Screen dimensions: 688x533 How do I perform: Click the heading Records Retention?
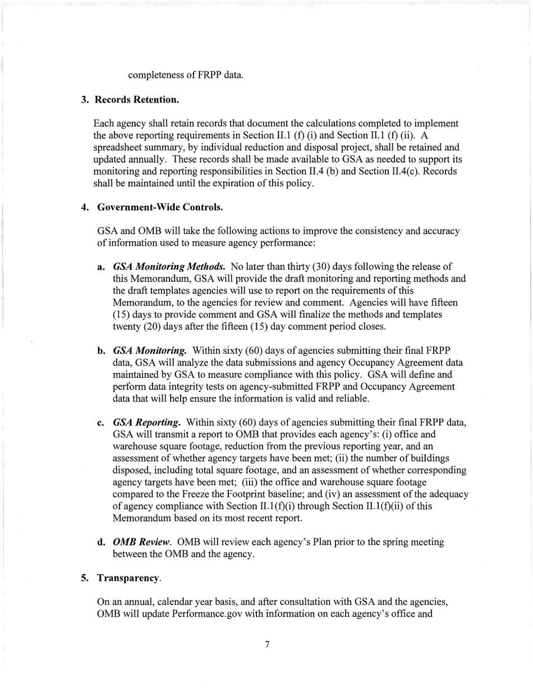[137, 100]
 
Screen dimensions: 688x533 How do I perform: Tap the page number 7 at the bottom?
[267, 644]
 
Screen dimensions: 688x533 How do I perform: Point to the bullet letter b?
[102, 350]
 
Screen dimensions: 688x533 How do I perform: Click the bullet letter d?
[102, 542]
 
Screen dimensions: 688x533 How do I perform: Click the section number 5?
[84, 578]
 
